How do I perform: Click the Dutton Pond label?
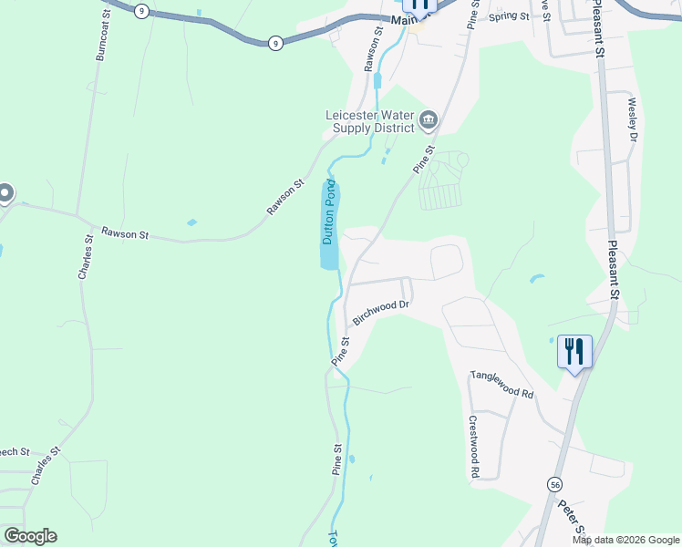pos(330,213)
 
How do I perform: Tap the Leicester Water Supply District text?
pos(370,121)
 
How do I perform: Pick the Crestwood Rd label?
pos(474,448)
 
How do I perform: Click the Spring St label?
pos(509,16)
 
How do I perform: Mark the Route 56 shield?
pos(554,483)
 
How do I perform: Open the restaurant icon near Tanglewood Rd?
pos(574,350)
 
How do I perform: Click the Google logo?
pos(30,536)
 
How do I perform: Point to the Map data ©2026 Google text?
pos(625,540)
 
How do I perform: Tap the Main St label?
pos(402,19)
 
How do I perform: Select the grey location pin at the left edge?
pos(5,193)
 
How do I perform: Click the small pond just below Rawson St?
pos(191,222)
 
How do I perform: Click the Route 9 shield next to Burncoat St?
pos(140,10)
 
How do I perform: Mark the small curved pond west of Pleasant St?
pos(536,278)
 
